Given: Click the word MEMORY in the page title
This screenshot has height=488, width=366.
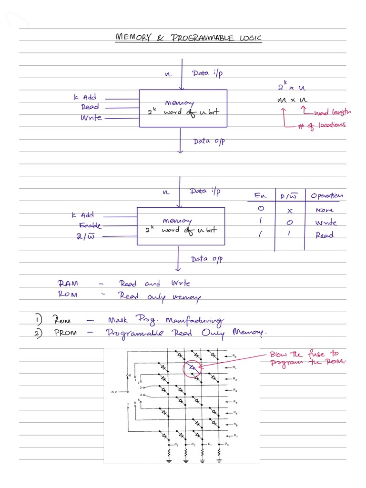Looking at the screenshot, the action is tap(134, 38).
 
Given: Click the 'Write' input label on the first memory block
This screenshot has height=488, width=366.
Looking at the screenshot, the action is tap(91, 117).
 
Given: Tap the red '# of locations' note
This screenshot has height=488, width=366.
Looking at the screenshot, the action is tap(322, 125).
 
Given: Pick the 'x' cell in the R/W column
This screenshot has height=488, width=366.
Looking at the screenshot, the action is tap(289, 210).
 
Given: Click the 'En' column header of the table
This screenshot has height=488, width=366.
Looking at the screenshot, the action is tap(260, 196).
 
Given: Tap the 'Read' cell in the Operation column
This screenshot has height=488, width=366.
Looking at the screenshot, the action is tap(324, 235).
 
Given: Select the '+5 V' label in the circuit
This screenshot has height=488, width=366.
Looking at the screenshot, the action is tap(113, 392).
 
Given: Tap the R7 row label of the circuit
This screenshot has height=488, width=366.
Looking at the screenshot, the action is tap(234, 437).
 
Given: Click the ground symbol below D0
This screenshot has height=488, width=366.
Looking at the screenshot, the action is tap(219, 460).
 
